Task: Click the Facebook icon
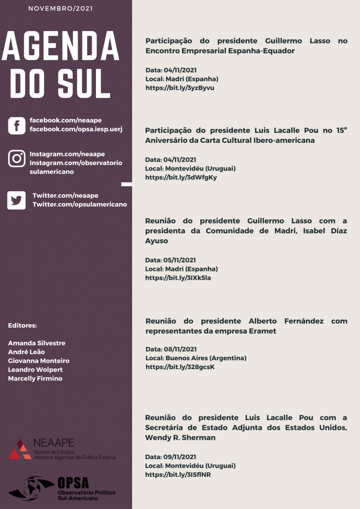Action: (16, 126)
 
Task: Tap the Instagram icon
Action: (16, 159)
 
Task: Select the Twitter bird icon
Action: (16, 200)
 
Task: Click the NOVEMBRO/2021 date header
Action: (60, 8)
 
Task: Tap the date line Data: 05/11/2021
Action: (171, 260)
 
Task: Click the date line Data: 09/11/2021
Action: (171, 457)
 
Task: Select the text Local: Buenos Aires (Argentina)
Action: (196, 358)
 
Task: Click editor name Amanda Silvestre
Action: (37, 343)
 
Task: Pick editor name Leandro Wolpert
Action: (35, 370)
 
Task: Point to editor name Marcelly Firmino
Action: (35, 379)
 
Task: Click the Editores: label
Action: (22, 325)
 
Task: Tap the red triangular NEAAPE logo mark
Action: (20, 449)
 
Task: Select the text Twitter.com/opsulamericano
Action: (80, 204)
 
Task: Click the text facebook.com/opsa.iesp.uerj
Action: (76, 129)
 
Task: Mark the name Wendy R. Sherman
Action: (180, 437)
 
